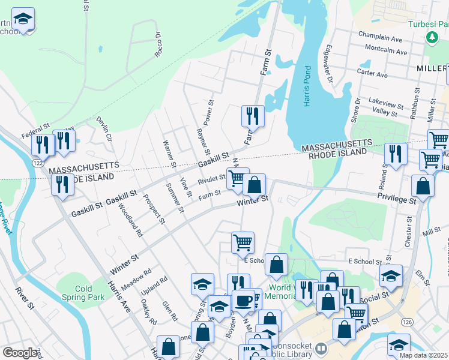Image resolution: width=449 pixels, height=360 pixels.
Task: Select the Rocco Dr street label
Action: pos(158,46)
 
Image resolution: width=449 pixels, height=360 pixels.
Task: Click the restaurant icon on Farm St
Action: pos(253,115)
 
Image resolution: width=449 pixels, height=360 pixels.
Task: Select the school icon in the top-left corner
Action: pos(23,20)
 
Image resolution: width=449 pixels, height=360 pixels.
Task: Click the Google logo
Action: pos(19,353)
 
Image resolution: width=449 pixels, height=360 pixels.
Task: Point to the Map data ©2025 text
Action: pos(423,355)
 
